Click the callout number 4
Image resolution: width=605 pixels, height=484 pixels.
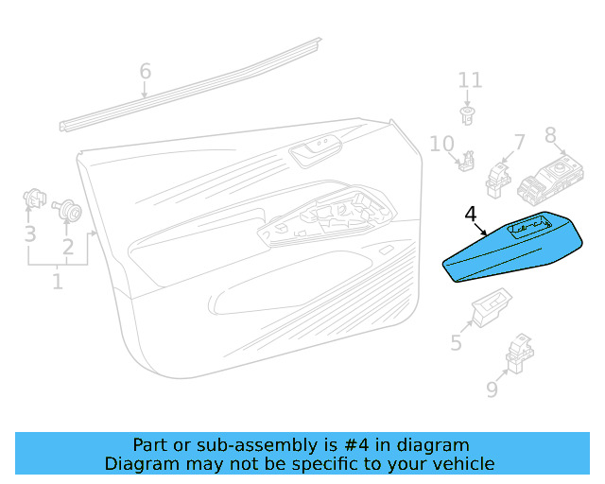pos(471,215)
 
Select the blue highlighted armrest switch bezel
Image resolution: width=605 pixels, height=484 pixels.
pos(512,247)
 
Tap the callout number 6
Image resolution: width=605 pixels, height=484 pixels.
pos(145,71)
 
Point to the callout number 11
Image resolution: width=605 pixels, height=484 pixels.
pos(470,80)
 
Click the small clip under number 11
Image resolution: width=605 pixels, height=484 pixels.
pos(467,115)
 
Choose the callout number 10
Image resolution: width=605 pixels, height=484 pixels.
pos(441,144)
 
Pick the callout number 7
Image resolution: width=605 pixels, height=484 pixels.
pos(519,143)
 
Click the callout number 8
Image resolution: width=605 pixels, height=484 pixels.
pos(550,135)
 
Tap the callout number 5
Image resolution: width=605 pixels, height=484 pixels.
pos(456,342)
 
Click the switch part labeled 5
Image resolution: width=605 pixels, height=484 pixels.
pos(492,307)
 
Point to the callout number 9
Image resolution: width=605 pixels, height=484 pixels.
pos(492,389)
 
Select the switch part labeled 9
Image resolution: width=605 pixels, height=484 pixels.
pos(519,354)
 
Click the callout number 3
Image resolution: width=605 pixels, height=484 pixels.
pos(30,233)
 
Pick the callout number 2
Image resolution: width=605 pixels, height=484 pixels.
pos(68,246)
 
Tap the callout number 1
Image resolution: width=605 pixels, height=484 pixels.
pos(58,282)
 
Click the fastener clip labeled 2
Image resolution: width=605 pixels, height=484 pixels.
pos(67,209)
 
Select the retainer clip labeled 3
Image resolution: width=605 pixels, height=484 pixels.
pos(34,198)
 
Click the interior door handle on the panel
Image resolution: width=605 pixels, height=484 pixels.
pos(315,151)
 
